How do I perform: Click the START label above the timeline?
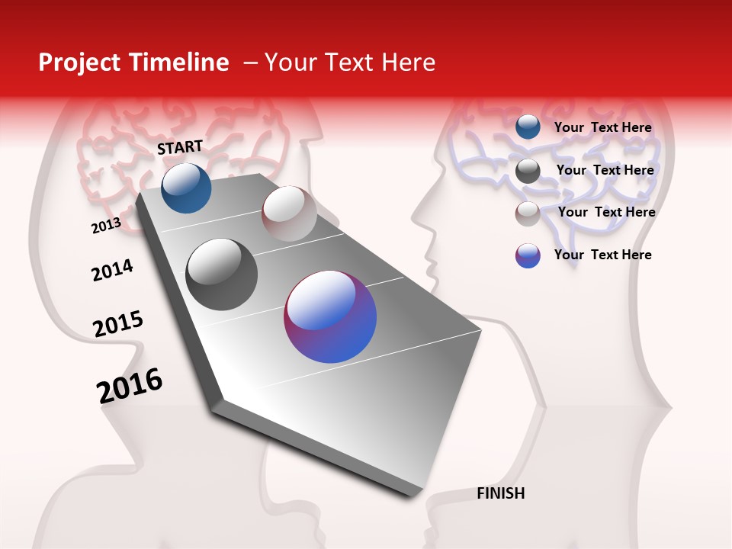(x=180, y=147)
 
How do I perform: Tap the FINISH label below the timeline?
(x=500, y=493)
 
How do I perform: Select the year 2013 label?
(x=106, y=226)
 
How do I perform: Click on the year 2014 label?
(x=112, y=271)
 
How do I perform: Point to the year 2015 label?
(x=117, y=324)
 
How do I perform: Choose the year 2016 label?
(x=130, y=386)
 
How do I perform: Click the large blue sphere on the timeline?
(x=186, y=188)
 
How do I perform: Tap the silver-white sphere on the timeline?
(x=289, y=213)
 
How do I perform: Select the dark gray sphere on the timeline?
(x=221, y=274)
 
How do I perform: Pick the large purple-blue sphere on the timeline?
(x=330, y=316)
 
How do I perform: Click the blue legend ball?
(x=528, y=127)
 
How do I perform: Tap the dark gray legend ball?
(x=528, y=171)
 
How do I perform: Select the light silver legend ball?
(x=528, y=213)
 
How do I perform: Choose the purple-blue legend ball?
(x=528, y=255)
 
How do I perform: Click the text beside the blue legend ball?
(x=602, y=127)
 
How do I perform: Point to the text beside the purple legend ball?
(x=602, y=255)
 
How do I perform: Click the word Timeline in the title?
(x=184, y=63)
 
